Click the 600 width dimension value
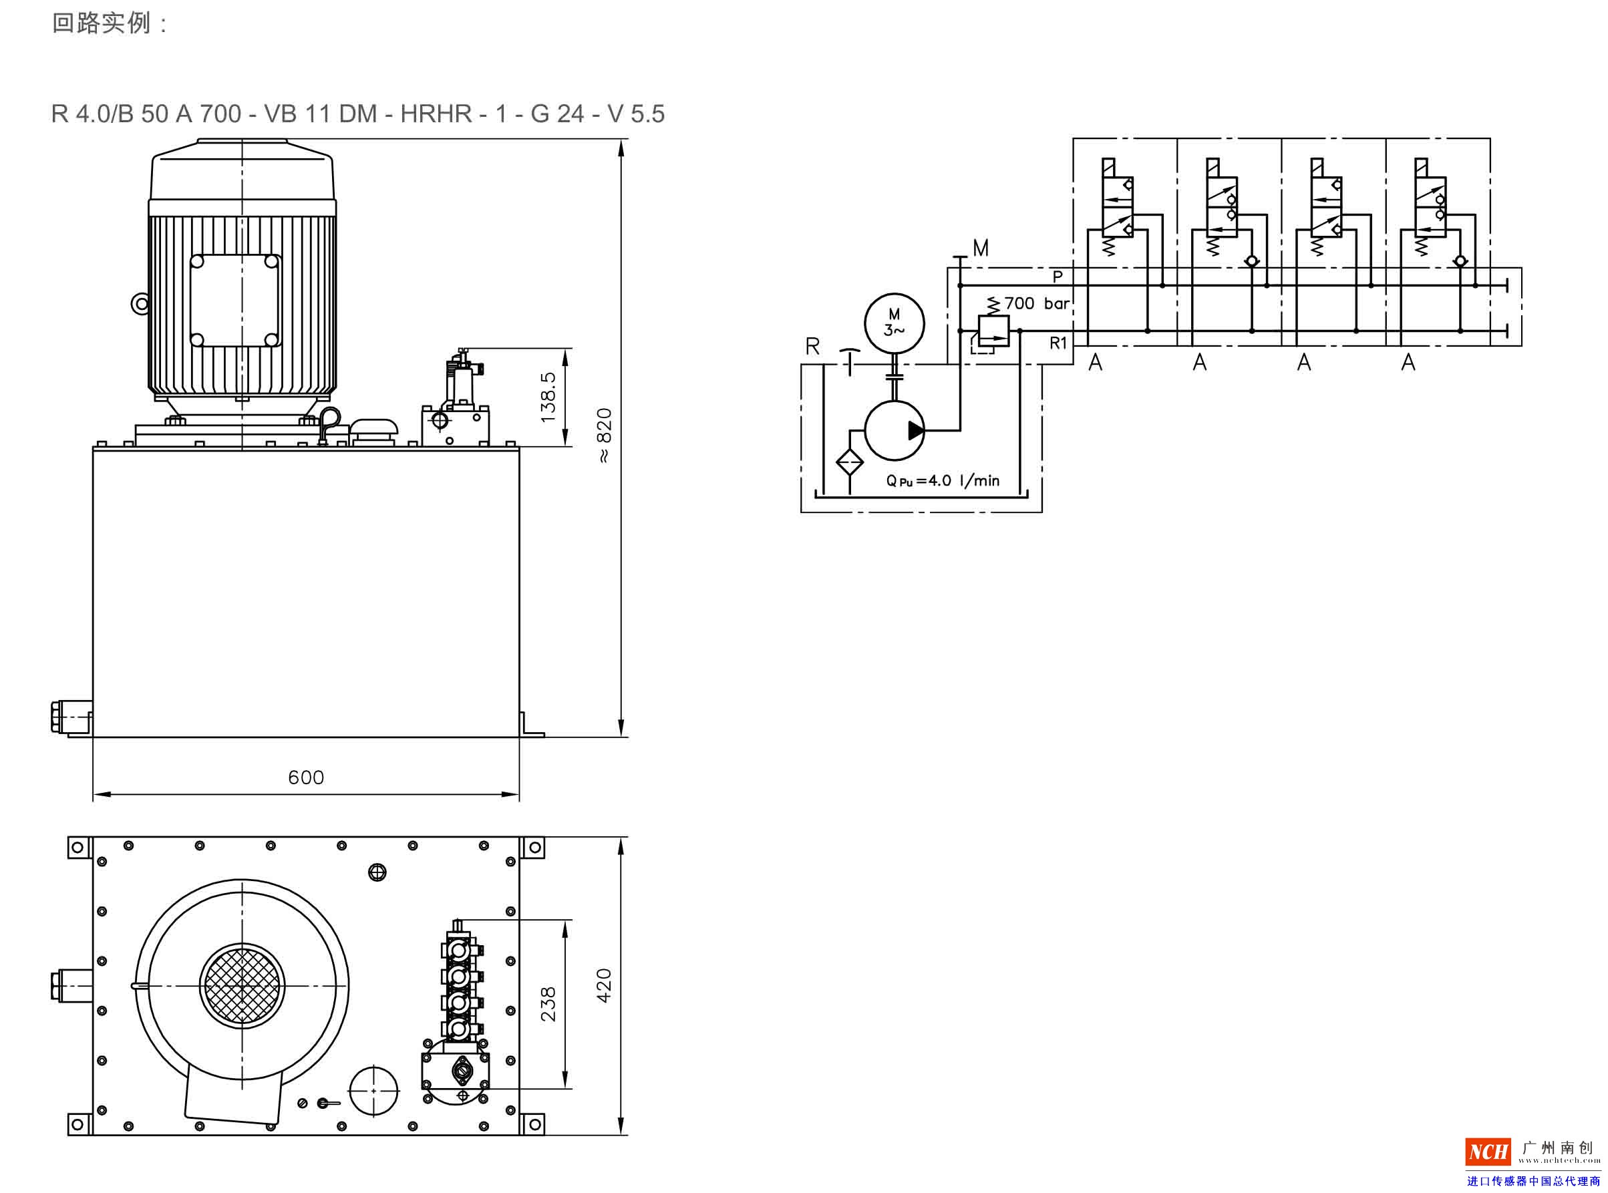305,777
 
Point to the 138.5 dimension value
548,397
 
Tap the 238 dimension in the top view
548,1004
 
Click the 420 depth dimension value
604,985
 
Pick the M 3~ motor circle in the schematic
894,323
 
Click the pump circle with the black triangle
894,430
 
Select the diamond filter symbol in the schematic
849,462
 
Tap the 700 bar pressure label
1036,303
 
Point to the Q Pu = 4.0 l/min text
942,480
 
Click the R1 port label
1058,343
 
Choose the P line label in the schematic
1057,277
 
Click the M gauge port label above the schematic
980,248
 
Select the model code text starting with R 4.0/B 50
357,114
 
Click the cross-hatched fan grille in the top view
242,986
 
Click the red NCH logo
1488,1151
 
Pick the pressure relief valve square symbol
993,331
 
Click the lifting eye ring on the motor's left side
140,303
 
